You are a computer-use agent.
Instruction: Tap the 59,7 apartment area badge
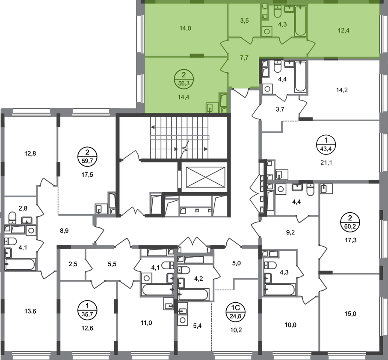87,156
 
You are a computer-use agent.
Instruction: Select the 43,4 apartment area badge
326,145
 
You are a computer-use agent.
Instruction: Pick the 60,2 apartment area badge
350,222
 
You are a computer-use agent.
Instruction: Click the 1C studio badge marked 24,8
235,312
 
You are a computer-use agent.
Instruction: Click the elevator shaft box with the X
205,177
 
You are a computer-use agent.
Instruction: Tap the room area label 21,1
326,162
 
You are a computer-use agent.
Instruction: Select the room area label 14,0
185,28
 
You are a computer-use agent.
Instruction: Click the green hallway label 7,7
244,58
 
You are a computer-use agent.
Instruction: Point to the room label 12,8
30,154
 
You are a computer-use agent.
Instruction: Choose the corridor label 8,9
64,231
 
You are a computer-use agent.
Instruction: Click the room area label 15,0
350,314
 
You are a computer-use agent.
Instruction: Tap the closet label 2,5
73,264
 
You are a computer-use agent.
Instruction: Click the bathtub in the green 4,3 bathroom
301,21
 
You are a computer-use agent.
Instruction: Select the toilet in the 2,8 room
12,217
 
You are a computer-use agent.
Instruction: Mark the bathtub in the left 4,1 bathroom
20,264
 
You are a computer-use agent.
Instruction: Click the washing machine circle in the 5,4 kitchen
183,320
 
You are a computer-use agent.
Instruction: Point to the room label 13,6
30,311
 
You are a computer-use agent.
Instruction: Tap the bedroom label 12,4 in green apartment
344,31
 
